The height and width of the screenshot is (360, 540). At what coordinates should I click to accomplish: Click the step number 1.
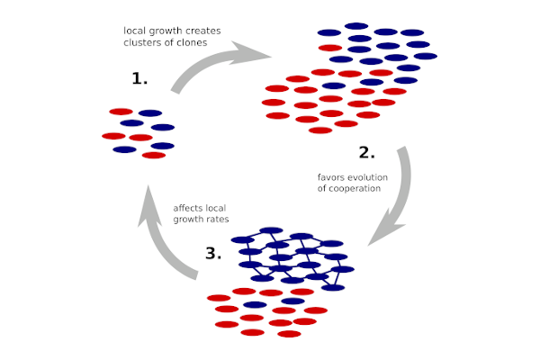(139, 79)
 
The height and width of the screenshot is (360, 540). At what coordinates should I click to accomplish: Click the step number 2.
(366, 151)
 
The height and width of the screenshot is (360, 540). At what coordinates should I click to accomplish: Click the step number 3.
(212, 254)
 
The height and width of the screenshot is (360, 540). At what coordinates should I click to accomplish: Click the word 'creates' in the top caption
(202, 31)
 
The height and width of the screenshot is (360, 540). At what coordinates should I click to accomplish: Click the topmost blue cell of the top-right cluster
(356, 26)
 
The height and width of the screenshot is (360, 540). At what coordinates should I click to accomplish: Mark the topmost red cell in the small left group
(121, 112)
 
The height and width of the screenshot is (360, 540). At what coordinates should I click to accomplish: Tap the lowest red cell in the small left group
(154, 155)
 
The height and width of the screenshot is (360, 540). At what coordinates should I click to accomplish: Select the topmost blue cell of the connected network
(271, 230)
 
